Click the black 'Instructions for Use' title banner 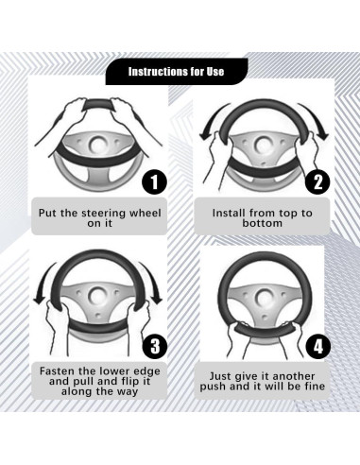click(x=177, y=72)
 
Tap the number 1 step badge click(x=154, y=182)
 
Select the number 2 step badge click(x=317, y=182)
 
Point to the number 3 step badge click(x=155, y=346)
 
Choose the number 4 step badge click(x=318, y=347)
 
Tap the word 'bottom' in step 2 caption click(x=262, y=223)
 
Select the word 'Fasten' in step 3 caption click(x=58, y=370)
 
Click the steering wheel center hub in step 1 click(x=98, y=144)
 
